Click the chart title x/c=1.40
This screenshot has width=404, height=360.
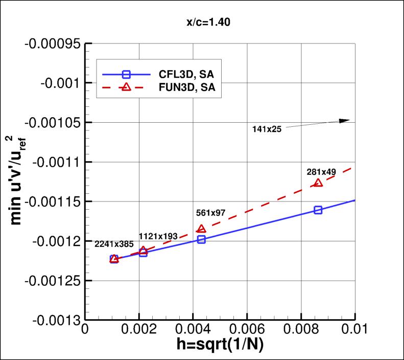(x=202, y=22)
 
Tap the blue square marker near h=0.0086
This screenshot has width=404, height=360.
(x=318, y=210)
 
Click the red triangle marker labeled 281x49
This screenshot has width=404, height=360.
(x=318, y=183)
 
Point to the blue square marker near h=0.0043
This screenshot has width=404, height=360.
(x=201, y=239)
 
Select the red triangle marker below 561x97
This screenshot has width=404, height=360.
(x=201, y=229)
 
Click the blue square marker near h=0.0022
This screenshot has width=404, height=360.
(x=143, y=253)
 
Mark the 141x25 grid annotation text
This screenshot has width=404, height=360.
(x=267, y=129)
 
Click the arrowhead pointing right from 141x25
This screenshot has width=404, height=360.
(x=345, y=121)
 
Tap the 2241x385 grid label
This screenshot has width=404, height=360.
(x=114, y=244)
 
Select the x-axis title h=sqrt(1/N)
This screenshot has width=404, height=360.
(x=220, y=346)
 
